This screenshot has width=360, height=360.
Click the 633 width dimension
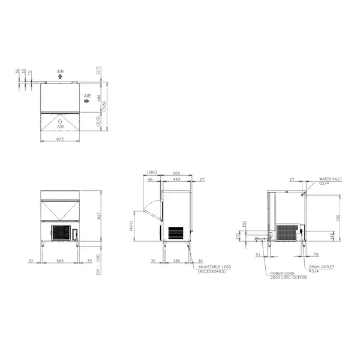[x=60, y=139]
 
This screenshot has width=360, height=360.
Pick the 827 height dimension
[x=97, y=217]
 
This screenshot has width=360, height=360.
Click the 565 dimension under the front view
[x=60, y=262]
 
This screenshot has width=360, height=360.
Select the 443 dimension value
[x=176, y=179]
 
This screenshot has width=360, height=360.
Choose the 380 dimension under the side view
[x=176, y=262]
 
